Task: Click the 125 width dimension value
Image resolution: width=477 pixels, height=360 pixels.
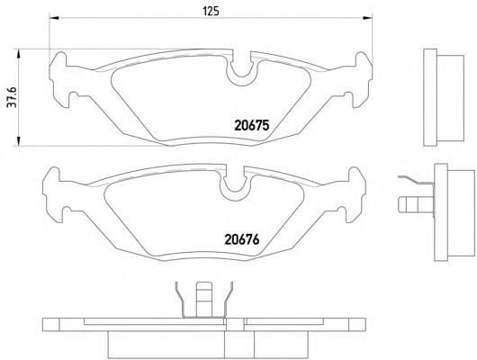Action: pos(211,12)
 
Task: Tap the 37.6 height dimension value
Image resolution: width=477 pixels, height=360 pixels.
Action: pos(13,97)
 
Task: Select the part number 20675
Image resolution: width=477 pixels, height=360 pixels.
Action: pos(252,125)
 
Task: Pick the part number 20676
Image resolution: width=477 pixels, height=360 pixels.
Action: pos(242,239)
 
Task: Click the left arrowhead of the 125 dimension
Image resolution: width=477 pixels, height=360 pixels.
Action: pos(54,18)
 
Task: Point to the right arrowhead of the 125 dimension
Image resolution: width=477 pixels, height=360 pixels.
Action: pos(367,18)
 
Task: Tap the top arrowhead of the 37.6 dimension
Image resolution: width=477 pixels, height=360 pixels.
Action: pos(19,54)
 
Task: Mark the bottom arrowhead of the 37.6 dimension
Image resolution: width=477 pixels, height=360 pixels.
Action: pos(19,141)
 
